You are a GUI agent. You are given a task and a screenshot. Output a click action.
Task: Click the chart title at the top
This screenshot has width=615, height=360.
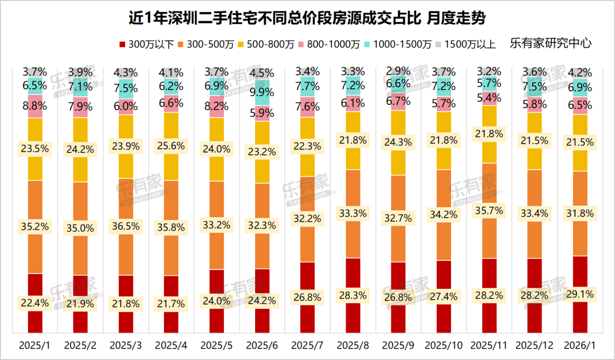pyautogui.click(x=307, y=18)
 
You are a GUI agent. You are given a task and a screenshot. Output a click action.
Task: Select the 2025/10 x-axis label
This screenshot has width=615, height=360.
pyautogui.click(x=444, y=346)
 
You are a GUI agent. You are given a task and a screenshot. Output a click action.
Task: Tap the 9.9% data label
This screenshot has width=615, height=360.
pyautogui.click(x=262, y=92)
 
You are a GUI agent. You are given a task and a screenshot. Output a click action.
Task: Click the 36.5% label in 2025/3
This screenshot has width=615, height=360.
pyautogui.click(x=126, y=226)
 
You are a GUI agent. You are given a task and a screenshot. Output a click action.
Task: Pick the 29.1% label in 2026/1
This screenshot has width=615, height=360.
pyautogui.click(x=580, y=294)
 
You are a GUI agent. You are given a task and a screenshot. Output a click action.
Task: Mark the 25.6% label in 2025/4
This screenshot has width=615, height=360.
pyautogui.click(x=171, y=147)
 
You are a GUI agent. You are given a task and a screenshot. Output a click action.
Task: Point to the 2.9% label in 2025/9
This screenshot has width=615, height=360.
pyautogui.click(x=398, y=71)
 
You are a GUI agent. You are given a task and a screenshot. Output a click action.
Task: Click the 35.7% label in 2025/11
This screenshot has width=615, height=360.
pyautogui.click(x=489, y=210)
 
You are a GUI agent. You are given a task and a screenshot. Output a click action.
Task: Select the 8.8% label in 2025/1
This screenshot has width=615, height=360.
pyautogui.click(x=35, y=105)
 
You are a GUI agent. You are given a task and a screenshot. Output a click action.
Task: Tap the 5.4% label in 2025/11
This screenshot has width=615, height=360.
pyautogui.click(x=489, y=97)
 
